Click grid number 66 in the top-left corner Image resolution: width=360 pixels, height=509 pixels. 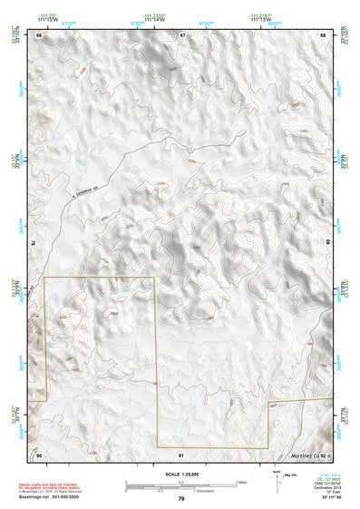coord(39,34)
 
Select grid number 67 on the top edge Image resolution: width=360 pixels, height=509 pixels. coord(181,34)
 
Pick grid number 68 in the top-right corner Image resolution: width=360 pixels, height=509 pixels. coord(322,34)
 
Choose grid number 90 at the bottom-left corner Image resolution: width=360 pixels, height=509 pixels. coord(39,454)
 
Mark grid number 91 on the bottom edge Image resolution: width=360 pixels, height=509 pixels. coord(181,454)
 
